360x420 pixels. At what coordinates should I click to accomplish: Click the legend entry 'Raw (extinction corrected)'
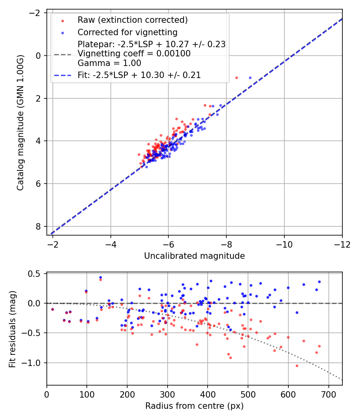pyautogui.click(x=132, y=20)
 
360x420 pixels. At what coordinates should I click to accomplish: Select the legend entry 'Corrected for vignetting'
pyautogui.click(x=127, y=32)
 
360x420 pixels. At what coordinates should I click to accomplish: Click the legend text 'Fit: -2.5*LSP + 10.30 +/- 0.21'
pyautogui.click(x=139, y=75)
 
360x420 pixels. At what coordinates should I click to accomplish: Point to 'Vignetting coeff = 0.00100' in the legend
pyautogui.click(x=134, y=54)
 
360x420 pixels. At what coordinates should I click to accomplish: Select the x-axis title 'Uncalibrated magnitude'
pyautogui.click(x=194, y=256)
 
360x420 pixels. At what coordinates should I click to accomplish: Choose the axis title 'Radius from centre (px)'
pyautogui.click(x=194, y=406)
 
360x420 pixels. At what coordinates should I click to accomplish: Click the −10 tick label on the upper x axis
pyautogui.click(x=284, y=244)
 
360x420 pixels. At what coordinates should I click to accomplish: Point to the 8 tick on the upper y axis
pyautogui.click(x=39, y=226)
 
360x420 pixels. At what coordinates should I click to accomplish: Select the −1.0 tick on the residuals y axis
pyautogui.click(x=34, y=363)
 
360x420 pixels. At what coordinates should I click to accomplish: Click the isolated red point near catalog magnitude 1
pyautogui.click(x=236, y=78)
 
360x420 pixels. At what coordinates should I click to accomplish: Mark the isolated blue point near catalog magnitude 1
pyautogui.click(x=250, y=78)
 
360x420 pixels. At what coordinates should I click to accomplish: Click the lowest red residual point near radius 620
pyautogui.click(x=297, y=366)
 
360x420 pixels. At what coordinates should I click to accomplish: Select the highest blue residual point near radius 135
pyautogui.click(x=100, y=277)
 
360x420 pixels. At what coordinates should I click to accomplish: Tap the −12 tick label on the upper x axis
pyautogui.click(x=342, y=244)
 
